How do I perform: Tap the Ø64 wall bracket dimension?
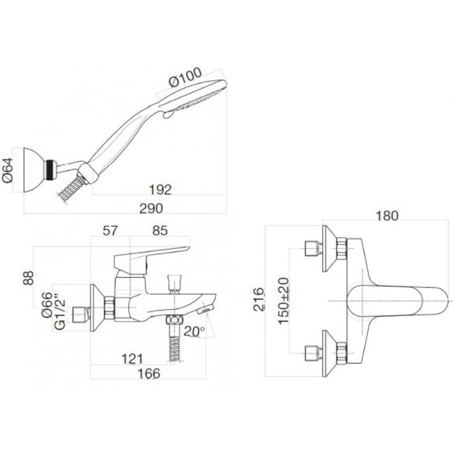click(8, 170)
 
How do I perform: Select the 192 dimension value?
click(160, 190)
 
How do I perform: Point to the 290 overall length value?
click(151, 208)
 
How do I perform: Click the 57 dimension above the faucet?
click(110, 231)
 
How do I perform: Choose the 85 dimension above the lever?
click(160, 231)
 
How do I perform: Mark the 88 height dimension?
click(29, 278)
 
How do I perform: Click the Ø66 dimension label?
click(47, 305)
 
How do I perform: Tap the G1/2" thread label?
click(60, 315)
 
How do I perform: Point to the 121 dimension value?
click(133, 359)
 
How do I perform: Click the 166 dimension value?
click(148, 374)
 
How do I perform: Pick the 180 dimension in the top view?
click(387, 216)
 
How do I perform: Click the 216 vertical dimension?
click(259, 300)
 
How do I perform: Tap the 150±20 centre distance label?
click(284, 301)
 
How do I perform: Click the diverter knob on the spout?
click(174, 283)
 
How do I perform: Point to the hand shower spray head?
click(193, 95)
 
